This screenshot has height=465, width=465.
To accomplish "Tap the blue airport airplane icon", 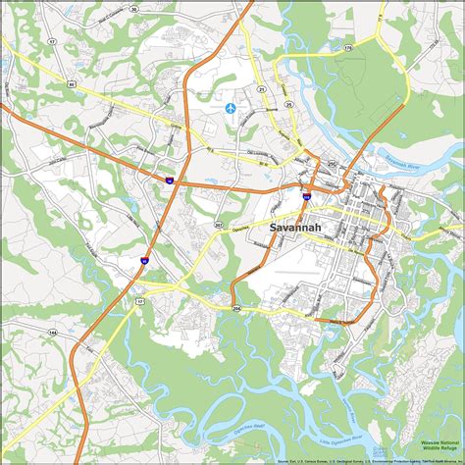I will [232, 107].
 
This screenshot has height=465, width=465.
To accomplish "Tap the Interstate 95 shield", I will [143, 260].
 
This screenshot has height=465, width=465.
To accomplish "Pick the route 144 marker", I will [52, 334].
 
